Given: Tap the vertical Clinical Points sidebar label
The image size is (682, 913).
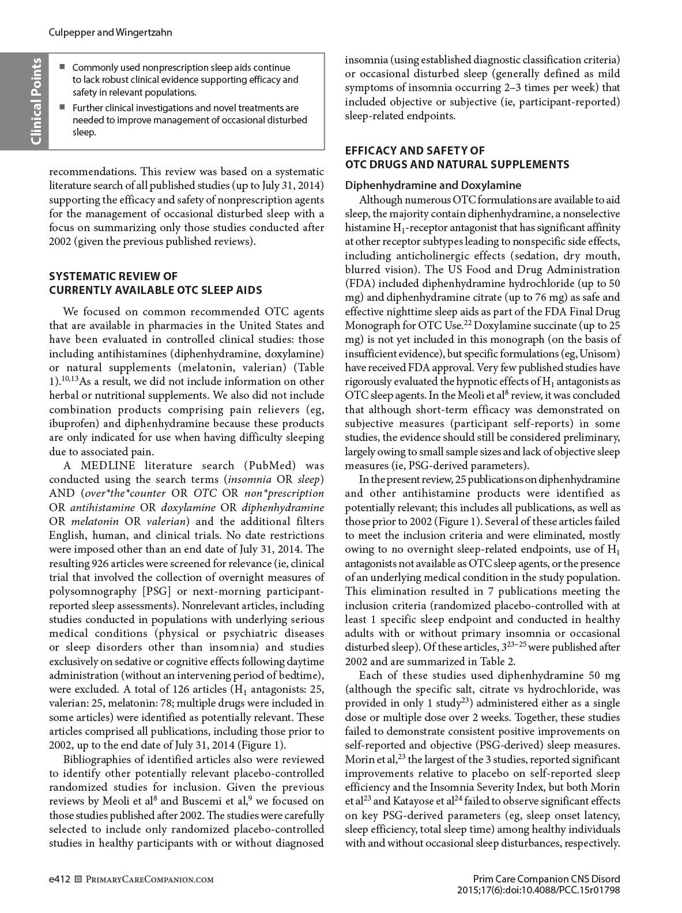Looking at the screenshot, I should click(36, 101).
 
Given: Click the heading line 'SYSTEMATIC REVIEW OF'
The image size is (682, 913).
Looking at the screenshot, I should click(113, 276).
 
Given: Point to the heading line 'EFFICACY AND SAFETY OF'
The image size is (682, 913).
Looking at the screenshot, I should click(415, 150).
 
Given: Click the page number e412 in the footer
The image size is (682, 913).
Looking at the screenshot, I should click(59, 879).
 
